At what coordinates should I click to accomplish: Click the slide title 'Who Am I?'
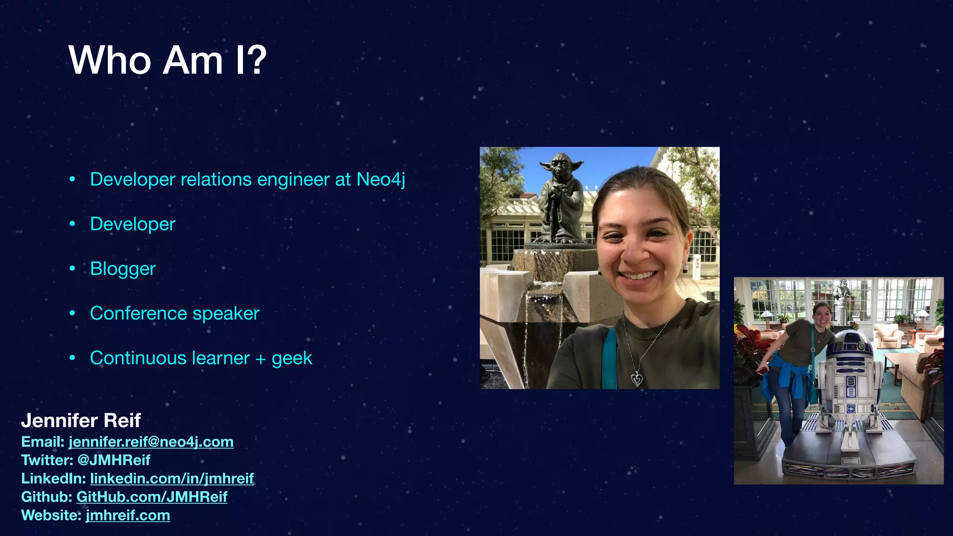click(168, 60)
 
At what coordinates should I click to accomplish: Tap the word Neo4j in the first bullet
click(381, 180)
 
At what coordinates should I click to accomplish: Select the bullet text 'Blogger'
click(123, 269)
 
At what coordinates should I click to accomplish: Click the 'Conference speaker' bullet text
click(174, 314)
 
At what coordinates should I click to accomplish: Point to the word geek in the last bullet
click(292, 358)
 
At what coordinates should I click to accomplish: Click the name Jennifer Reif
click(81, 421)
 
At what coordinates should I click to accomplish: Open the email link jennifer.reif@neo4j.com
click(151, 442)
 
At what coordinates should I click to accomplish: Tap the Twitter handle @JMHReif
click(114, 460)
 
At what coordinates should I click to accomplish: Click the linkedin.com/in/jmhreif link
click(172, 478)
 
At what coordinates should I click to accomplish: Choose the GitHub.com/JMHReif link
click(152, 497)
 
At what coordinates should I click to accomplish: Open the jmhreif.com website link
click(128, 516)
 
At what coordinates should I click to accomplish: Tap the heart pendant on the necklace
click(637, 379)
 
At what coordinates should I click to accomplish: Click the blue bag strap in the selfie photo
click(609, 358)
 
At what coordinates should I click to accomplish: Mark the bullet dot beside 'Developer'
click(72, 224)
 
